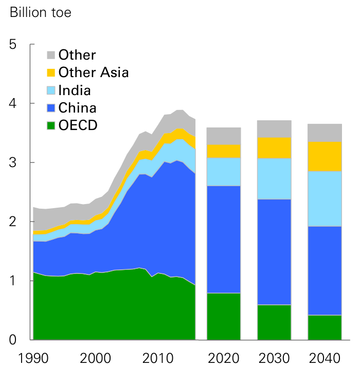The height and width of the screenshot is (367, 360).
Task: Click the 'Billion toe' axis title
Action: (41, 13)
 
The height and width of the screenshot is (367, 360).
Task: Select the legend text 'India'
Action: (75, 90)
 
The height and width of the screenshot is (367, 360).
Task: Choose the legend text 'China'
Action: (77, 108)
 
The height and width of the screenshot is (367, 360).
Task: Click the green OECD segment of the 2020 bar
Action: (224, 316)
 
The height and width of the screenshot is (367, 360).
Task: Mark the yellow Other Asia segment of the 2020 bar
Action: (224, 151)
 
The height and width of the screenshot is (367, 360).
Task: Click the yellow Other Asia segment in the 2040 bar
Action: (325, 156)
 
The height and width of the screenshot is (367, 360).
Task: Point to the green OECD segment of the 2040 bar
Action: (325, 327)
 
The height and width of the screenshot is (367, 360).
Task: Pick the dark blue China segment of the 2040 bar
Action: (325, 270)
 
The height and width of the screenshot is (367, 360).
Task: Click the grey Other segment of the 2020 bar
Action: (224, 136)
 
